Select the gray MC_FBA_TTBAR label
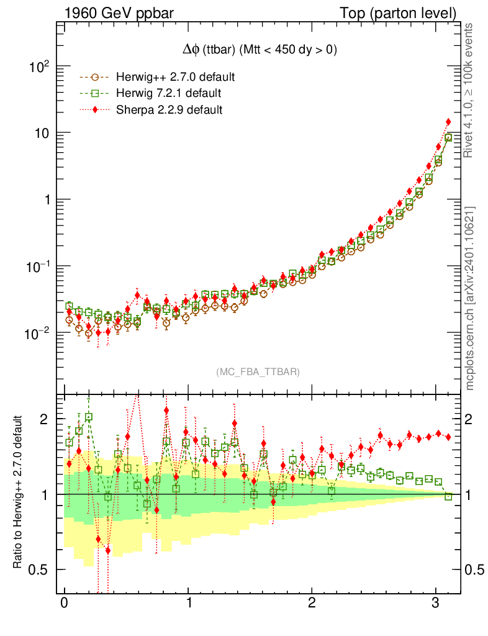point(258,372)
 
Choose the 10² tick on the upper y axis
point(38,67)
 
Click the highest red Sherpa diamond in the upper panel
point(448,122)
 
